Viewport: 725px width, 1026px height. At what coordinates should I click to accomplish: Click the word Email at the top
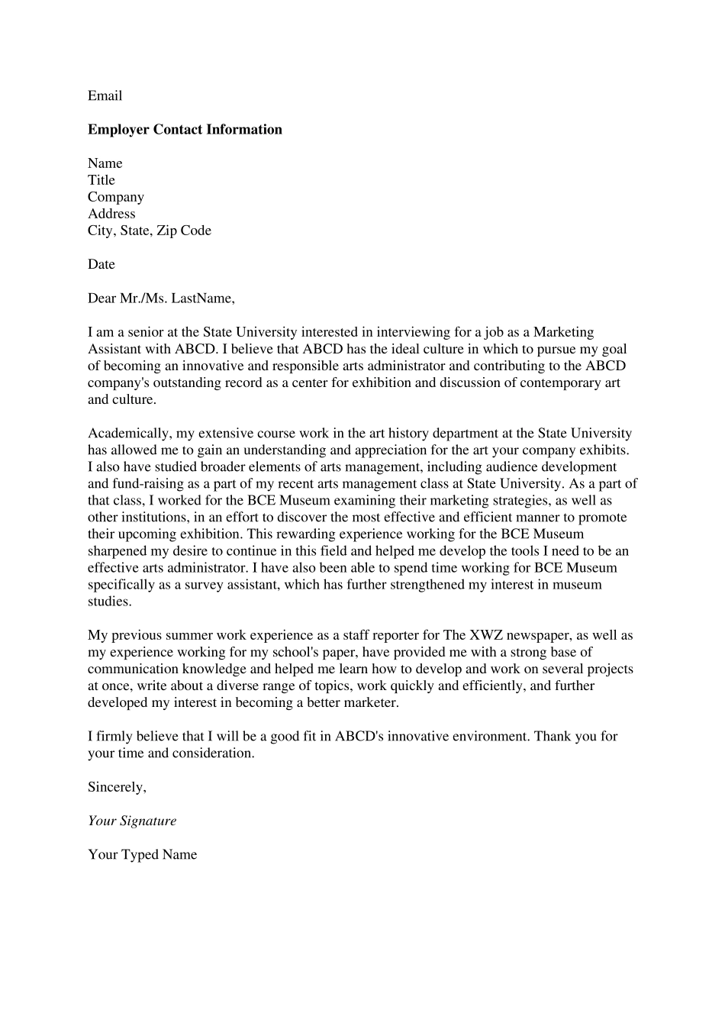pos(105,95)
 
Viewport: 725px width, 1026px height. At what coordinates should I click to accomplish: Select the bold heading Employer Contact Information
pos(185,130)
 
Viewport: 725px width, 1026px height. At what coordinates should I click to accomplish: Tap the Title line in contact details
pos(101,180)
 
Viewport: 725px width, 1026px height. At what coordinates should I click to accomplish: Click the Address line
pos(111,214)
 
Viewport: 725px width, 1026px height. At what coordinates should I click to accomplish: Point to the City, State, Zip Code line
pos(150,231)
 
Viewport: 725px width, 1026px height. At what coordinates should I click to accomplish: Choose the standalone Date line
pos(101,264)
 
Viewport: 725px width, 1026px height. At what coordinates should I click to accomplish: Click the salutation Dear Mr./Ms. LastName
pos(161,298)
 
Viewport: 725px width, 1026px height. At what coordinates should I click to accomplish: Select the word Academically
pos(129,434)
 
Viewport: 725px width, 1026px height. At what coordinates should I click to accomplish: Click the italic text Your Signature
pos(132,821)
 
